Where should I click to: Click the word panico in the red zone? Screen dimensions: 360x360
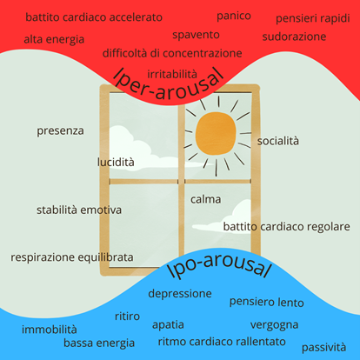[x=234, y=17]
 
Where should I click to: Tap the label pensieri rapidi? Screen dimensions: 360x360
[x=313, y=18]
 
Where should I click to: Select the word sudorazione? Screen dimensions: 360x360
[x=294, y=37]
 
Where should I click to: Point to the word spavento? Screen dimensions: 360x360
[x=196, y=35]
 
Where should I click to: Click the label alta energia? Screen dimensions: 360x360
[x=54, y=39]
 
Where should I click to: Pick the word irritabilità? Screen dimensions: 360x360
[x=172, y=74]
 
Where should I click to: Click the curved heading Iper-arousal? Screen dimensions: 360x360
[x=169, y=85]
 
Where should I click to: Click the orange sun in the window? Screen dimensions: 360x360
[x=216, y=133]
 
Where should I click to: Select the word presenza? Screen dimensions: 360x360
[x=60, y=131]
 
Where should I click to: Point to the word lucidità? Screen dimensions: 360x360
[x=116, y=162]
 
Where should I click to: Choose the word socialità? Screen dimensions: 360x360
[x=278, y=141]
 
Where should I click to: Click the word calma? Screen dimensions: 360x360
[x=206, y=199]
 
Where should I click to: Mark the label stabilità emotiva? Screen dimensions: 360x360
[x=79, y=210]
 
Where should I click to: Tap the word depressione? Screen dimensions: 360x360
[x=180, y=294]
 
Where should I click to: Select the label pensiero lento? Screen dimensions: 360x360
[x=267, y=302]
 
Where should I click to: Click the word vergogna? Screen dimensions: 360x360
[x=274, y=325]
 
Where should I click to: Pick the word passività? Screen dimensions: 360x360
[x=323, y=347]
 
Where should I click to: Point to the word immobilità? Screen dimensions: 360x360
[x=50, y=330]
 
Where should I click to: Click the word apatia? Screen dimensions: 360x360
[x=168, y=325]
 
